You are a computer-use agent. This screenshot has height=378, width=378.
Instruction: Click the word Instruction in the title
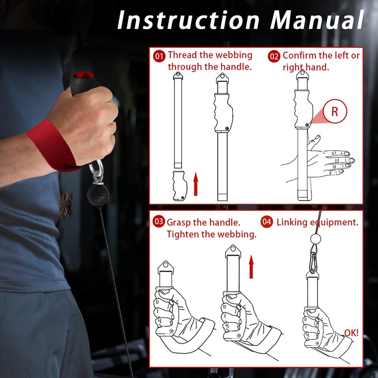click(x=188, y=20)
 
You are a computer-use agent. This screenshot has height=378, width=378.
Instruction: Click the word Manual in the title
click(x=317, y=20)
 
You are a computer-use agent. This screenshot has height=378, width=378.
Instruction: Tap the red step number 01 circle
click(x=159, y=56)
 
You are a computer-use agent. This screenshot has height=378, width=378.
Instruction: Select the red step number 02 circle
click(x=274, y=56)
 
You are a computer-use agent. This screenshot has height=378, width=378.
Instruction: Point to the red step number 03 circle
click(x=159, y=221)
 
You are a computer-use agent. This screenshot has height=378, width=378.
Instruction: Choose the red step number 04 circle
click(x=266, y=222)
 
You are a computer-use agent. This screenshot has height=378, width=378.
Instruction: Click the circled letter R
click(x=335, y=111)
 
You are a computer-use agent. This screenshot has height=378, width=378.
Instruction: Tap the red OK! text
click(x=351, y=333)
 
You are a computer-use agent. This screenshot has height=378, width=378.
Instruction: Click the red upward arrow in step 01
click(x=196, y=184)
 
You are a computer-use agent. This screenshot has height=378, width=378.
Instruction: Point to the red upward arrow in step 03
click(x=251, y=266)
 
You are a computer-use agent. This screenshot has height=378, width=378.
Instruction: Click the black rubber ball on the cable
click(x=98, y=195)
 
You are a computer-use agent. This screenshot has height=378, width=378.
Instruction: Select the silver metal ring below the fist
click(x=96, y=170)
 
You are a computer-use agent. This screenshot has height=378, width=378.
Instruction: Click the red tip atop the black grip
click(x=84, y=75)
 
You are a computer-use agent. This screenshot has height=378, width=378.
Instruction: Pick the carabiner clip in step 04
click(x=313, y=262)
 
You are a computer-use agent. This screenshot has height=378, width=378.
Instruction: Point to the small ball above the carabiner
click(x=316, y=239)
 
